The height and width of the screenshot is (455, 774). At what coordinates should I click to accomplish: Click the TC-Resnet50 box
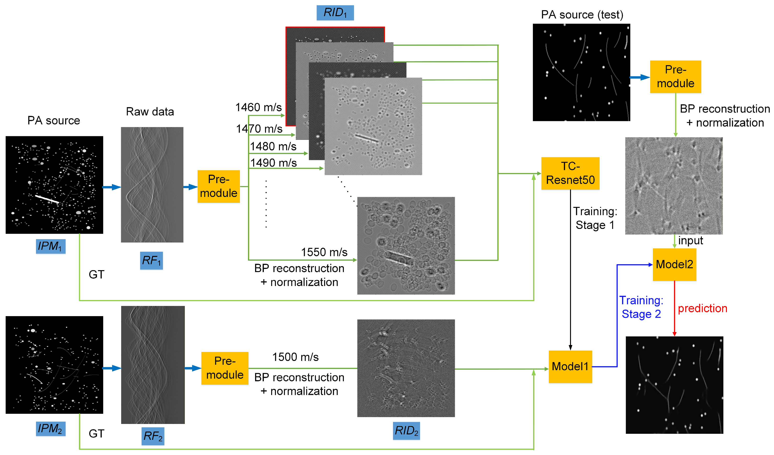(570, 173)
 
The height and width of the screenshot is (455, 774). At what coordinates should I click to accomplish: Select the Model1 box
(570, 366)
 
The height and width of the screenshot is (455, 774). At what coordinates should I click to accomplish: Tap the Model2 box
(674, 264)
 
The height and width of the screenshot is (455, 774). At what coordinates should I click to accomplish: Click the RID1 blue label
(335, 13)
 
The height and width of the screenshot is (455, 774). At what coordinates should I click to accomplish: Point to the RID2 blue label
(406, 431)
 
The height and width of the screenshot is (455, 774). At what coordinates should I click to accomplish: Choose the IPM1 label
(50, 246)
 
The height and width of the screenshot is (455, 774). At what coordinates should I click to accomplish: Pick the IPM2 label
(50, 428)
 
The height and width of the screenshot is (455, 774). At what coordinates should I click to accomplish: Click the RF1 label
(151, 261)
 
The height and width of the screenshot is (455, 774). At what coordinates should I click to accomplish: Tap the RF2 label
(153, 436)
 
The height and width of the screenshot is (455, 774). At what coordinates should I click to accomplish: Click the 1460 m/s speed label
(258, 107)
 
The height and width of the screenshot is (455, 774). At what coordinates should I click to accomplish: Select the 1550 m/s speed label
(324, 252)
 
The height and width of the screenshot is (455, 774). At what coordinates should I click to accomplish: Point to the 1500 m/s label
(295, 357)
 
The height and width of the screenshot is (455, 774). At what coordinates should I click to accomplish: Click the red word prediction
(703, 308)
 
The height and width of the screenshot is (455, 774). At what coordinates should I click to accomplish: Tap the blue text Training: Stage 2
(641, 307)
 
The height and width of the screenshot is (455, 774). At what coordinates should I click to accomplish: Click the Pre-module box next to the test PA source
(675, 77)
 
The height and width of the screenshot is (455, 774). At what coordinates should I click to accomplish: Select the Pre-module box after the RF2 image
(225, 368)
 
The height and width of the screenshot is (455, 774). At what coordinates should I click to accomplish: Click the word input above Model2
(690, 240)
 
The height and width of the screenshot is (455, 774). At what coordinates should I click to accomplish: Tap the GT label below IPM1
(97, 274)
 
